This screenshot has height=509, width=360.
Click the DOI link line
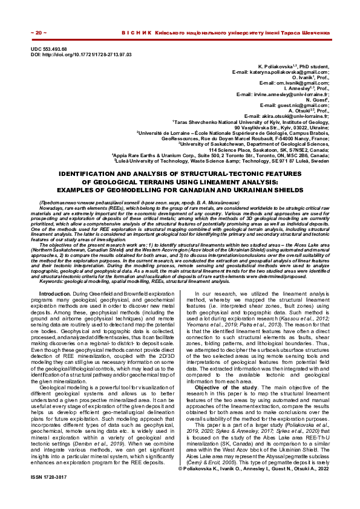(x=80, y=54)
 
